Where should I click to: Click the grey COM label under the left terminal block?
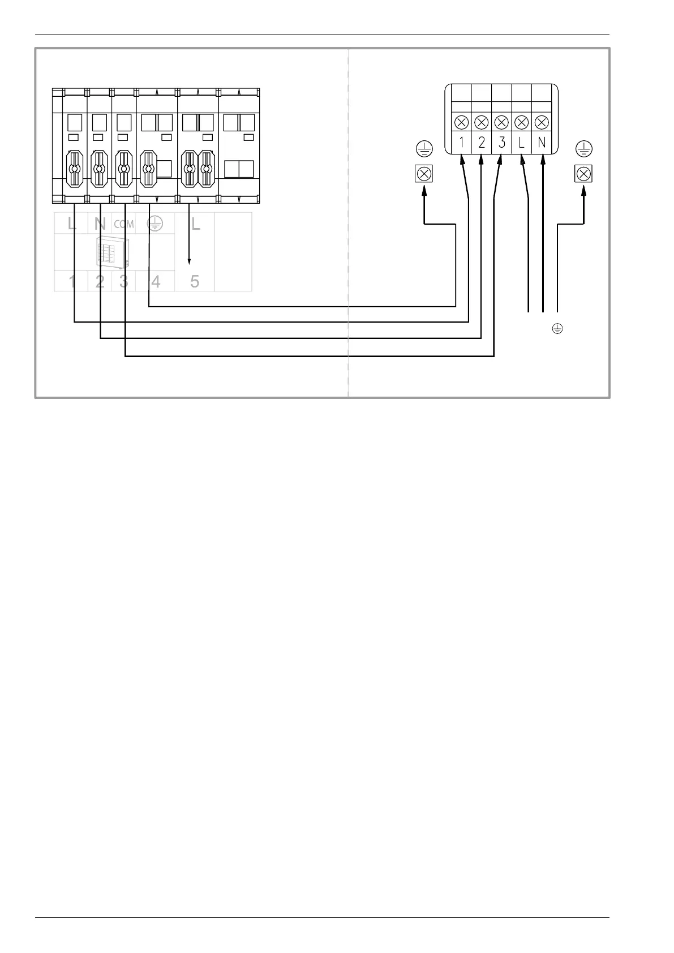(124, 224)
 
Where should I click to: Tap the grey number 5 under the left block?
(195, 281)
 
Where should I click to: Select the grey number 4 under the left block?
(156, 281)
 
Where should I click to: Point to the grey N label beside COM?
(100, 224)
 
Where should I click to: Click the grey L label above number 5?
(196, 224)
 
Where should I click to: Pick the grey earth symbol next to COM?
(154, 224)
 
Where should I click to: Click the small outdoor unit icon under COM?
(113, 252)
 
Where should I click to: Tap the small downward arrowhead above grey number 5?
(189, 261)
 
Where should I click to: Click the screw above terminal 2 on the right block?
(482, 122)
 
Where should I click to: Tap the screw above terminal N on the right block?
(542, 122)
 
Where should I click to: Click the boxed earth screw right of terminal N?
(583, 174)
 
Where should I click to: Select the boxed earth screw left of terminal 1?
(424, 174)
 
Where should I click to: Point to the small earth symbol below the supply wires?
(557, 328)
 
